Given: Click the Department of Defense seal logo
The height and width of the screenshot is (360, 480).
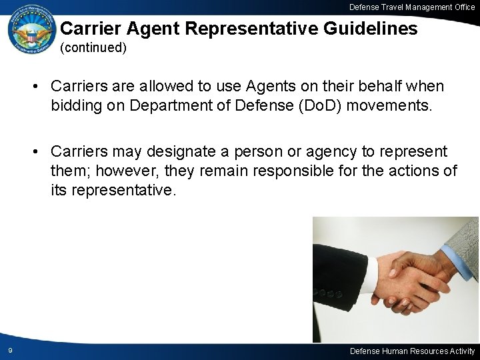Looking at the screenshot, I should coord(32,33).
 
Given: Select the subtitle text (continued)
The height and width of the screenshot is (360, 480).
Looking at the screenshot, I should coord(93,48).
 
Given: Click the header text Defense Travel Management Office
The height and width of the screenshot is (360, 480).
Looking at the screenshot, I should coord(412,7).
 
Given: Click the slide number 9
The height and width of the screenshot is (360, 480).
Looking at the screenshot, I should coord(11,351).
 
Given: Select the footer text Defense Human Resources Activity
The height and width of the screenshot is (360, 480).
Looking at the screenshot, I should coord(412,351).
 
